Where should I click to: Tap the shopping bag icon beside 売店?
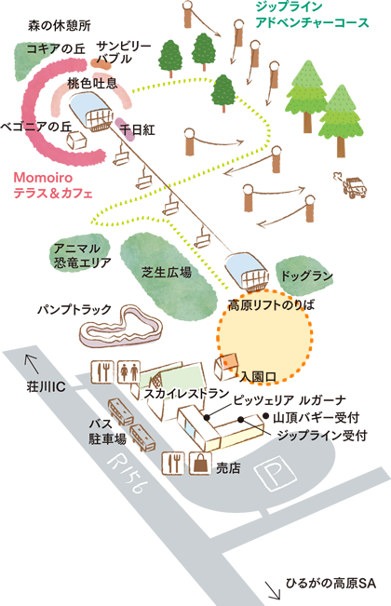click(200, 463)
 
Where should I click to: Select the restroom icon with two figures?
click(129, 372)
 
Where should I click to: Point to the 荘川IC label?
click(46, 387)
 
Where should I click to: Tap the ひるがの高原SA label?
click(330, 583)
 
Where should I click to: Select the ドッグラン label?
click(306, 276)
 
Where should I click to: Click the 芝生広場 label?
click(167, 272)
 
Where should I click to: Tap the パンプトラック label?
click(74, 309)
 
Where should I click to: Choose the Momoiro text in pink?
click(43, 178)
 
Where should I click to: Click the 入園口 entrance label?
click(258, 376)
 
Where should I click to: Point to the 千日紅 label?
click(138, 129)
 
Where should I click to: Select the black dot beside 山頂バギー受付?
click(266, 415)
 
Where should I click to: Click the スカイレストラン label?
click(186, 394)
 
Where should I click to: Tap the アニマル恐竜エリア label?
click(82, 256)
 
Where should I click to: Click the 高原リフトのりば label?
click(271, 305)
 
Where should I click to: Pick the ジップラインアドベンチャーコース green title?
click(312, 15)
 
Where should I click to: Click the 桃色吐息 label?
click(92, 84)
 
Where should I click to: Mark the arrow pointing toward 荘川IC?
click(32, 364)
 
